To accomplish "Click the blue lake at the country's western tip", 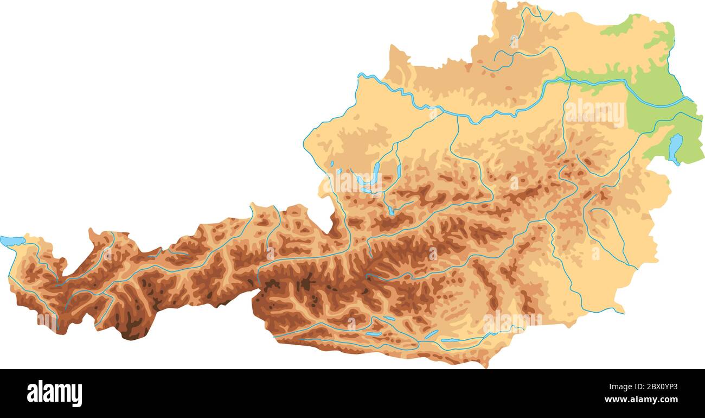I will pos(12,240).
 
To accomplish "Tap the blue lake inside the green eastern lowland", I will pos(675,148).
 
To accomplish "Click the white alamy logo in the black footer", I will pos(54,394).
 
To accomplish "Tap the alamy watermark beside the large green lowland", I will pos(595,113).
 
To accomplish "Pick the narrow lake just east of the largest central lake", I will pos(399,172).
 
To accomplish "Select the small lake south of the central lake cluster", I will pos(390,210).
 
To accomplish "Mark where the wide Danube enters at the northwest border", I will pos(360,75).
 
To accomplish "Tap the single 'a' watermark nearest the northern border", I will pos(514,41).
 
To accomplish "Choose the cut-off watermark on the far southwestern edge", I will pos(46,321).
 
